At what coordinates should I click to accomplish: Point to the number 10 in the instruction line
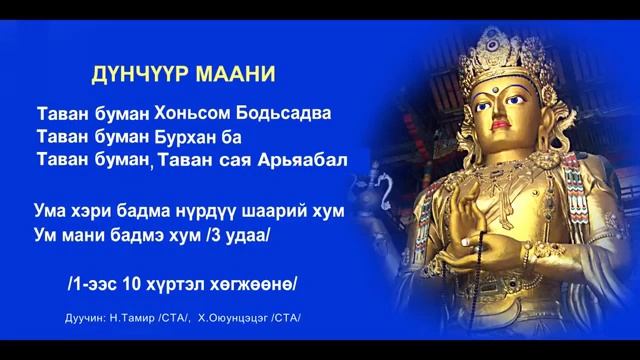pos(131,283)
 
